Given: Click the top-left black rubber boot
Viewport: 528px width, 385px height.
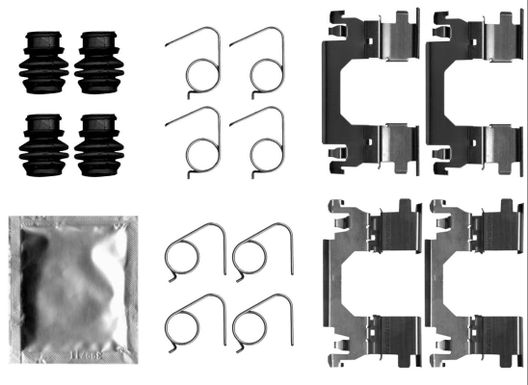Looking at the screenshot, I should [41, 63].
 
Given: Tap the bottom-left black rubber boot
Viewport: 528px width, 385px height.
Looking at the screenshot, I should [41, 145].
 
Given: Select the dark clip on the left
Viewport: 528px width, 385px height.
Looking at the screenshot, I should [370, 91].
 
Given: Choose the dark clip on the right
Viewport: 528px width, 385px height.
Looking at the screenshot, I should [472, 91].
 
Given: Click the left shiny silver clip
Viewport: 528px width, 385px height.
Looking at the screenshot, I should [370, 284].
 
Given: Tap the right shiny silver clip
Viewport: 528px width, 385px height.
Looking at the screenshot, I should [472, 284].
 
